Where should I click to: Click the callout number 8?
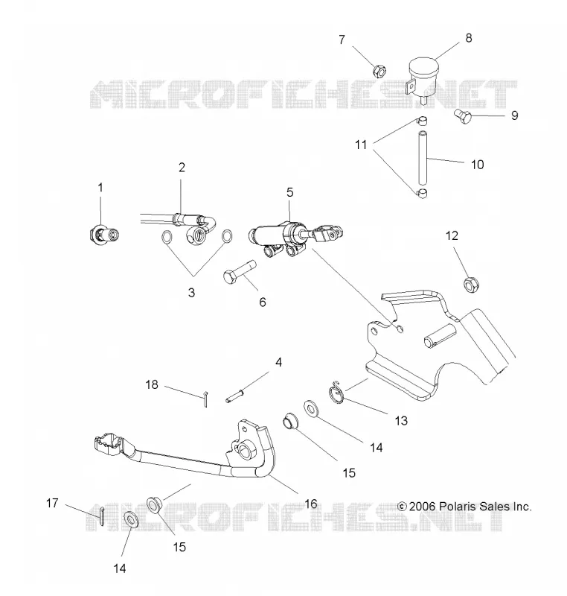[x=468, y=38]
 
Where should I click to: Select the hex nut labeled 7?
[x=379, y=71]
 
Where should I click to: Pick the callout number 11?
[x=361, y=145]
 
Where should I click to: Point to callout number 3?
[x=192, y=292]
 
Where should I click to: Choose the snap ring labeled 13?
[x=336, y=394]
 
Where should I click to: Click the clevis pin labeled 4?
[x=234, y=395]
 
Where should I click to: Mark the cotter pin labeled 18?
[x=205, y=399]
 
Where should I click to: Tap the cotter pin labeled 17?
[x=102, y=516]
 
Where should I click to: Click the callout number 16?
[x=311, y=504]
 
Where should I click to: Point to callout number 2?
[x=182, y=167]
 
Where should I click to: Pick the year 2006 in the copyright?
[x=423, y=507]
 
